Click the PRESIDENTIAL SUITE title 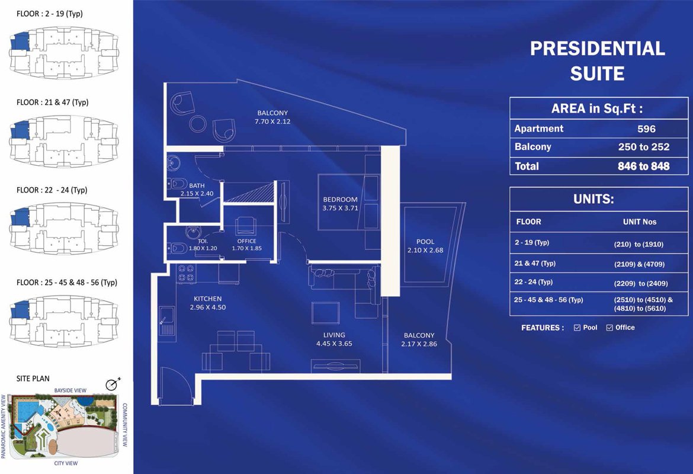coord(597,60)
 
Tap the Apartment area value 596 coord(646,129)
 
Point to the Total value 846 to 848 coord(643,166)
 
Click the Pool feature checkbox coord(577,328)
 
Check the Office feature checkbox coord(609,328)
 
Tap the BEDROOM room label coord(340,200)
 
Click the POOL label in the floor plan coord(425,242)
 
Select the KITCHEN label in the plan coord(207,299)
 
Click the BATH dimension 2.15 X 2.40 coord(197,193)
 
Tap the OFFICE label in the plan coord(246,241)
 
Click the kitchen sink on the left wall coord(166,321)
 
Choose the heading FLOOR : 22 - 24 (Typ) coord(52,190)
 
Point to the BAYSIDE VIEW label coord(70,391)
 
